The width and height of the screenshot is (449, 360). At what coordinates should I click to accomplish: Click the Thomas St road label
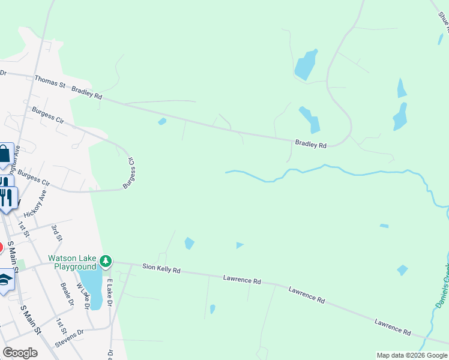pyautogui.click(x=50, y=82)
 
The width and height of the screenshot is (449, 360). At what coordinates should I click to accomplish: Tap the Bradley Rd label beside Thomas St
pyautogui.click(x=87, y=93)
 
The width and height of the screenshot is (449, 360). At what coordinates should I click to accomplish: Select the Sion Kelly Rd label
pyautogui.click(x=161, y=269)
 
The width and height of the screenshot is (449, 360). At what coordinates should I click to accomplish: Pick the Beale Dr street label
pyautogui.click(x=67, y=295)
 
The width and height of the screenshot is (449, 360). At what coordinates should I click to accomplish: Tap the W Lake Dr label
pyautogui.click(x=83, y=296)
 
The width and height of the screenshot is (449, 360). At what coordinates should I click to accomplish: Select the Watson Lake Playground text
pyautogui.click(x=72, y=262)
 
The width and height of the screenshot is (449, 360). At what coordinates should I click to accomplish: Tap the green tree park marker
pyautogui.click(x=106, y=261)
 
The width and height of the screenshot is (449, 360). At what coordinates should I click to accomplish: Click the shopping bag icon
pyautogui.click(x=4, y=155)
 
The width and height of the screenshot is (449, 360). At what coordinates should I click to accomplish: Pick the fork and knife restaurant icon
pyautogui.click(x=7, y=198)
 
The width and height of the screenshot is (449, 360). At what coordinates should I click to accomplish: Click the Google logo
pyautogui.click(x=20, y=353)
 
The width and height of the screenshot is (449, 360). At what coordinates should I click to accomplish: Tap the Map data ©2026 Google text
pyautogui.click(x=412, y=355)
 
